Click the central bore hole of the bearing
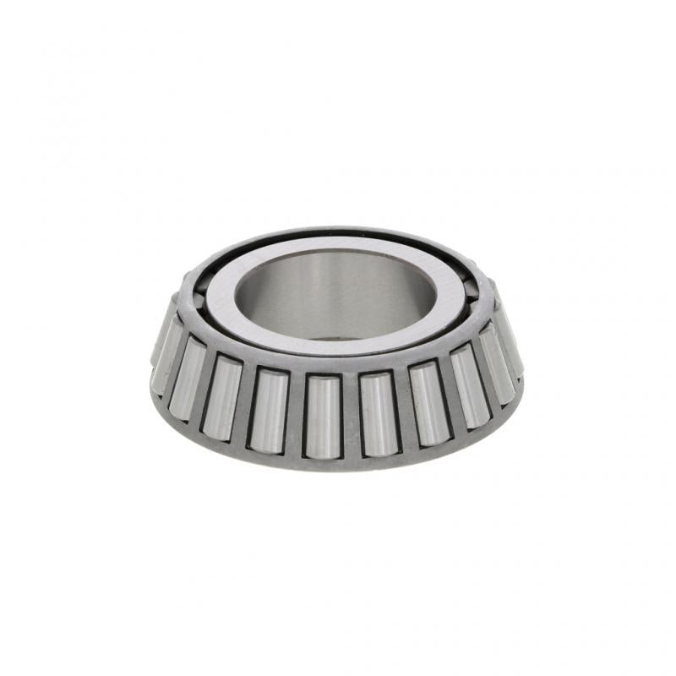pyautogui.click(x=334, y=292)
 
